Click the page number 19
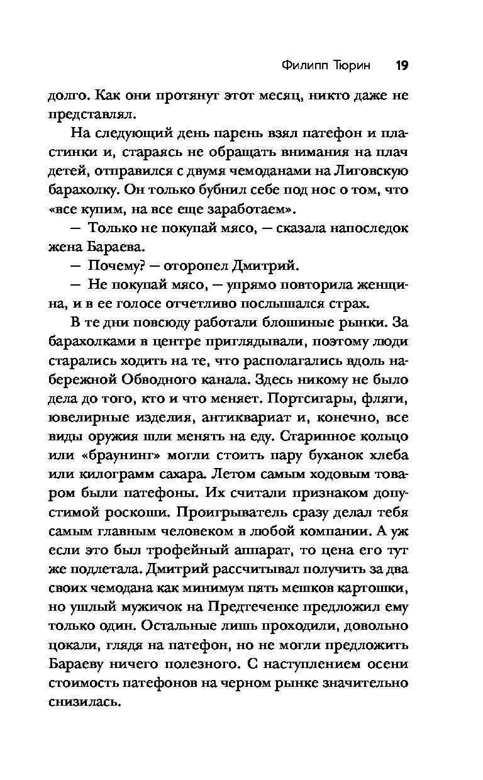[x=402, y=65]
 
